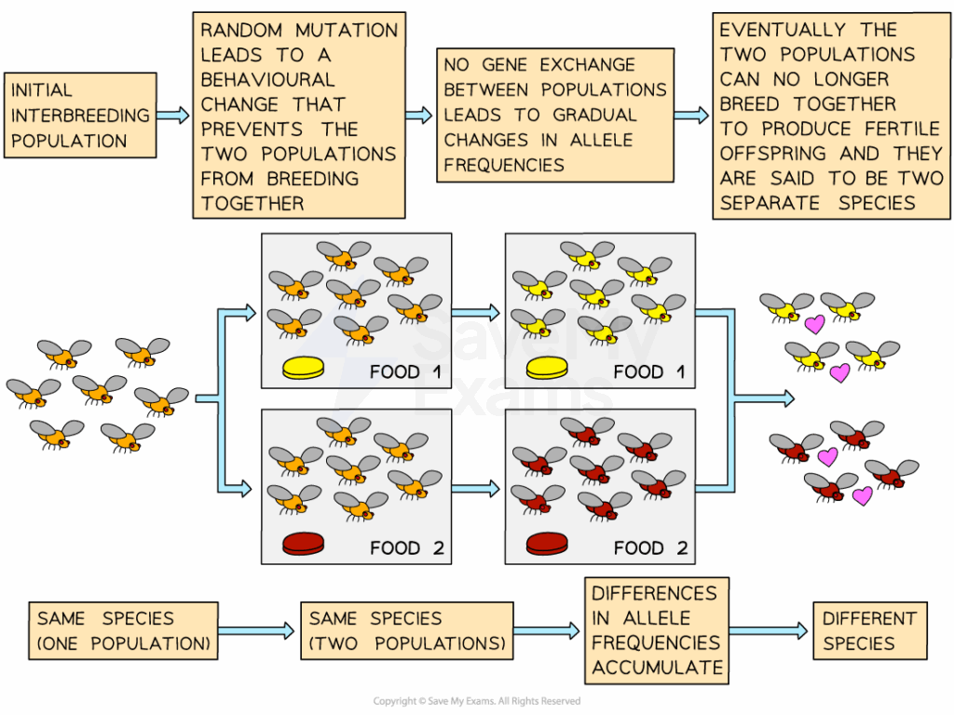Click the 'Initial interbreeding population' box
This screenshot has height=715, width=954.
(x=80, y=115)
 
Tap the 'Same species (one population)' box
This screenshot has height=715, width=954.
(x=123, y=630)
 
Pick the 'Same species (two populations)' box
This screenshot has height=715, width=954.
(x=407, y=630)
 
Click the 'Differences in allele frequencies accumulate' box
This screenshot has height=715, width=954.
(x=657, y=630)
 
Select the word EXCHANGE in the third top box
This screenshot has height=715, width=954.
(x=593, y=65)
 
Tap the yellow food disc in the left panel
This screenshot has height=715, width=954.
(x=304, y=370)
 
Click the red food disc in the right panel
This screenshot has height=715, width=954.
(x=548, y=544)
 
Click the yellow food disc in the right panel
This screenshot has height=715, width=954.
(x=548, y=370)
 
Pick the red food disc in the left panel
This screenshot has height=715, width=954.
(x=304, y=544)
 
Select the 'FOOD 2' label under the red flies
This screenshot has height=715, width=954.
(x=650, y=547)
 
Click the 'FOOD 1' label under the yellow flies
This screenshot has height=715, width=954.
(x=650, y=372)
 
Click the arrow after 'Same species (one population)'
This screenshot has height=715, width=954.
(x=257, y=631)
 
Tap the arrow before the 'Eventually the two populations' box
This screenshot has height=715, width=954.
(x=690, y=115)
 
